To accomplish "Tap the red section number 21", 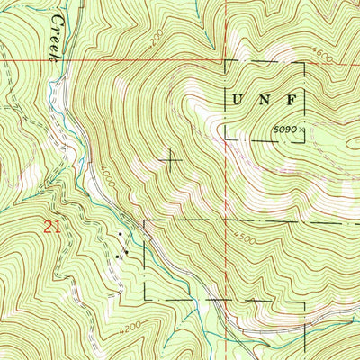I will [52, 229].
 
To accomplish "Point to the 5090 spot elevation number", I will [287, 130].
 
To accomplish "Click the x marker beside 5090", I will [304, 130].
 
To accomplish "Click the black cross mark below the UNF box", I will [170, 160].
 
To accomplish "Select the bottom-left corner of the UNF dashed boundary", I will [224, 140].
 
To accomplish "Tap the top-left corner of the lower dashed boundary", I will [144, 220].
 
